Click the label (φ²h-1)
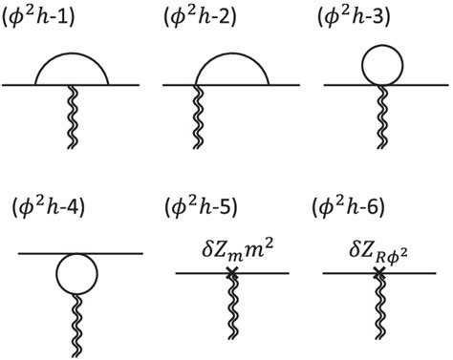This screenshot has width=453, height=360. coord(48,20)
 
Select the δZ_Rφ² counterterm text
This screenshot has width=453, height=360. coord(377,252)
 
